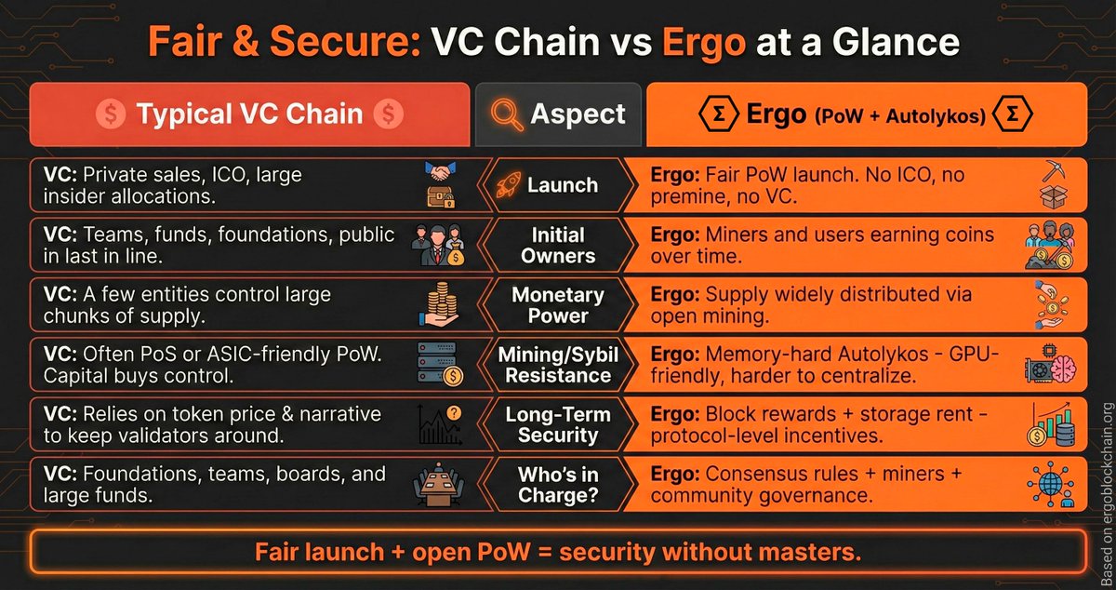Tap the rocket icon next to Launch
pyautogui.click(x=504, y=184)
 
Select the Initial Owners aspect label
pyautogui.click(x=558, y=245)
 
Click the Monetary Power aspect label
pyautogui.click(x=558, y=305)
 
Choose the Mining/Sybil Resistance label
pyautogui.click(x=558, y=366)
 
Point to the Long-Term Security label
pyautogui.click(x=558, y=425)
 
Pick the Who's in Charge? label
pyautogui.click(x=558, y=486)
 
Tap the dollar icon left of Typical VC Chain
pyautogui.click(x=110, y=114)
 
